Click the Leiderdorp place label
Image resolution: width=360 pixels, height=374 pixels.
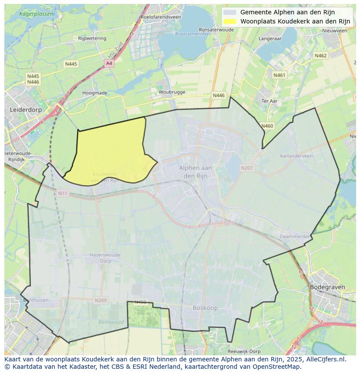[26, 110]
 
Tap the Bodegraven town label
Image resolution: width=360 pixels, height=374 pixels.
[327, 287]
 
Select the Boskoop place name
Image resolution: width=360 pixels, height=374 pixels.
[205, 308]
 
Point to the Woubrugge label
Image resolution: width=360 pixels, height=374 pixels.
[172, 92]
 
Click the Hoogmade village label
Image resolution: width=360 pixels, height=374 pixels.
[94, 93]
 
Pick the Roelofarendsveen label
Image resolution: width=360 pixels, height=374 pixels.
[160, 17]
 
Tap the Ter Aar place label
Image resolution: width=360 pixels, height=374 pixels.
[270, 101]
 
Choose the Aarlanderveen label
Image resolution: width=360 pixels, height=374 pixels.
[296, 156]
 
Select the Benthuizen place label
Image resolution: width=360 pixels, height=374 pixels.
[36, 300]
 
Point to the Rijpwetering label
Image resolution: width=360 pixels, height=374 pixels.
[92, 38]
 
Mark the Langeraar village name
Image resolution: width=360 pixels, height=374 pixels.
[270, 38]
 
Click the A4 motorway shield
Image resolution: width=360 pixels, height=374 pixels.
[109, 63]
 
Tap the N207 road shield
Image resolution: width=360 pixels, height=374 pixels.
[247, 168]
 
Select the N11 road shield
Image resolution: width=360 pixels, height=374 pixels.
[63, 193]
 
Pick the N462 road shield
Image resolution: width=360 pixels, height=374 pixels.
[320, 56]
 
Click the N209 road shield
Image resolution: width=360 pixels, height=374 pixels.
[100, 300]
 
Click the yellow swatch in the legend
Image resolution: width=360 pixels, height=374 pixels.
[230, 21]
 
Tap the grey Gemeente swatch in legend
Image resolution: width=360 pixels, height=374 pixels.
[230, 12]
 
